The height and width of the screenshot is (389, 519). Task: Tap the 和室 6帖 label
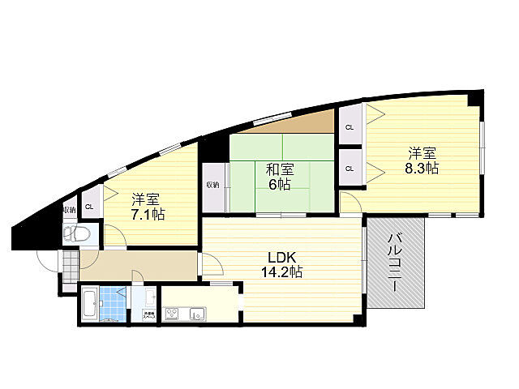click(x=280, y=177)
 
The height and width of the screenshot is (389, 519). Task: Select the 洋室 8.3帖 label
click(x=422, y=160)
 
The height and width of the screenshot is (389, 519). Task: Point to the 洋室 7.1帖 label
click(x=148, y=207)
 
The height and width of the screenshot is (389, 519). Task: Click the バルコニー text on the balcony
click(x=397, y=263)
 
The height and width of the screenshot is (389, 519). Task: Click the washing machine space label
click(x=148, y=315)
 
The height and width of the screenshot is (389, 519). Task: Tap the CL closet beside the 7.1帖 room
click(x=89, y=206)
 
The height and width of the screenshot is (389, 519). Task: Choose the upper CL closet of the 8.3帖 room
click(x=350, y=127)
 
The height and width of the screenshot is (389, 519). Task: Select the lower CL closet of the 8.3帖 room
click(x=350, y=169)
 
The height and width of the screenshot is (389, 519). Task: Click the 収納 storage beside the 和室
click(x=212, y=185)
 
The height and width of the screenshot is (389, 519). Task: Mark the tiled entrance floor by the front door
click(x=71, y=263)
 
